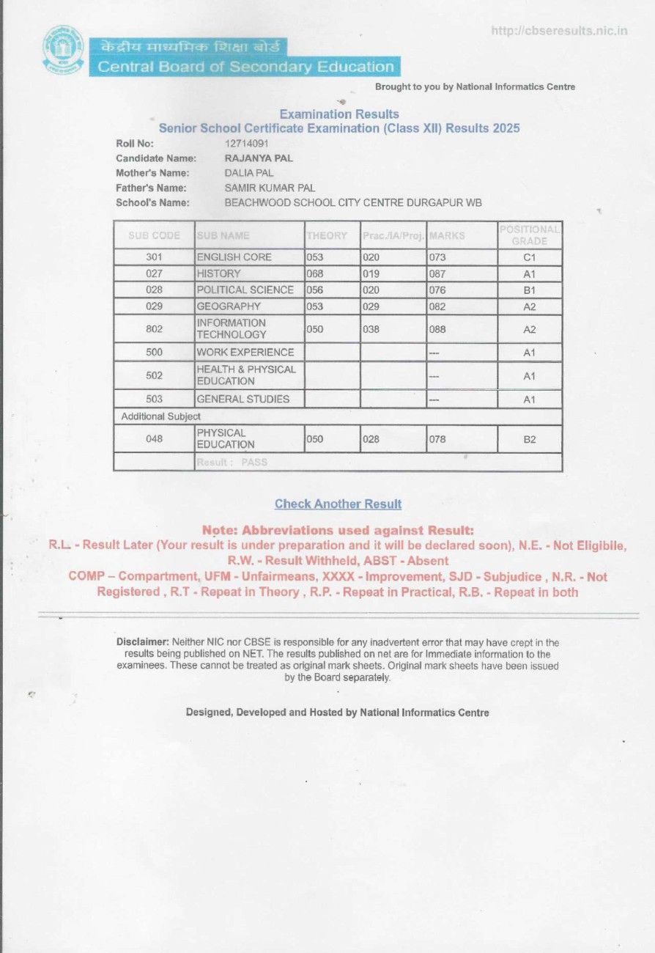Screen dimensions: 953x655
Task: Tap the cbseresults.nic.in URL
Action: (x=559, y=31)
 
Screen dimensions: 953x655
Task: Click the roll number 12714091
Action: (x=247, y=144)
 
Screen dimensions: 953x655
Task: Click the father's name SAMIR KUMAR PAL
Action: (x=270, y=188)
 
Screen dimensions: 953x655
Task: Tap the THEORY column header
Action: (x=327, y=236)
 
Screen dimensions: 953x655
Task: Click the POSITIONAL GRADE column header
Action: (x=530, y=235)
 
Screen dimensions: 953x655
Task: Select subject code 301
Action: (x=154, y=257)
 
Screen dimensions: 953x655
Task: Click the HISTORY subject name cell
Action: (x=218, y=273)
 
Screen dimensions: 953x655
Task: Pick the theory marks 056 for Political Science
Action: (x=315, y=290)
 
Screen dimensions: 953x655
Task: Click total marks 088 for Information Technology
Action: (x=437, y=330)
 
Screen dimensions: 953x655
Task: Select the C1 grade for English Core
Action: (x=530, y=257)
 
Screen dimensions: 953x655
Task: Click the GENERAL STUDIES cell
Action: (x=243, y=399)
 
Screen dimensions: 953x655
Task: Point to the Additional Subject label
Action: (x=160, y=416)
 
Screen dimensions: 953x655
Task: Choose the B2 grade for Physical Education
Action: (x=530, y=439)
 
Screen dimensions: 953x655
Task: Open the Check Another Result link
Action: (x=338, y=504)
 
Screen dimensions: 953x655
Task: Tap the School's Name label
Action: (x=152, y=202)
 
